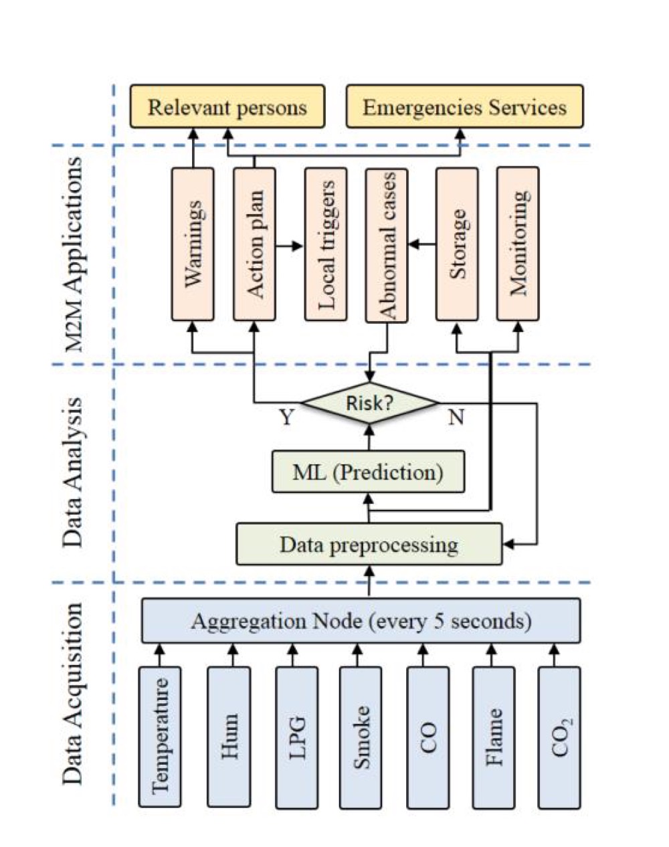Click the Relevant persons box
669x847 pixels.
click(x=227, y=106)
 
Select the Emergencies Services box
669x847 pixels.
click(x=464, y=106)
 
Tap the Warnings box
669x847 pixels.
click(x=193, y=244)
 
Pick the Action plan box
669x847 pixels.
click(x=254, y=244)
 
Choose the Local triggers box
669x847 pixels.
click(x=325, y=244)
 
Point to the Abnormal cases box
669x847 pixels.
click(x=386, y=244)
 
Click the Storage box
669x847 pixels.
click(x=457, y=244)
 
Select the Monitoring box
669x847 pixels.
click(x=518, y=244)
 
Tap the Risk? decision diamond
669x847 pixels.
click(x=369, y=403)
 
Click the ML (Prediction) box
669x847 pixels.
click(x=368, y=472)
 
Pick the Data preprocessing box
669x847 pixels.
click(x=369, y=544)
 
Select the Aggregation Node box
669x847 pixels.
click(x=361, y=622)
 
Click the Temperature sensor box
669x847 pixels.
click(x=160, y=737)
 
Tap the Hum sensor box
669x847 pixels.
click(x=229, y=737)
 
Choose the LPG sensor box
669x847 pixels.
click(x=296, y=737)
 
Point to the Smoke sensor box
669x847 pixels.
click(x=360, y=737)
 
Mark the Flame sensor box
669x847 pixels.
click(x=494, y=737)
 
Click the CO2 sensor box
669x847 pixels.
click(x=559, y=737)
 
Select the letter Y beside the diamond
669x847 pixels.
click(x=286, y=419)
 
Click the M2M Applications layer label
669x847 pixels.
click(x=76, y=254)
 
